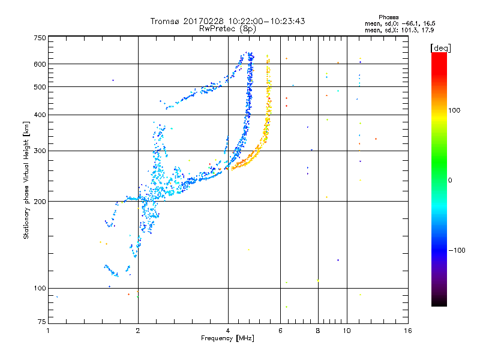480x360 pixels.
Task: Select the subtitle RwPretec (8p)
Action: pyautogui.click(x=227, y=28)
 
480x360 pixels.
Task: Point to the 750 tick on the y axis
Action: pyautogui.click(x=40, y=38)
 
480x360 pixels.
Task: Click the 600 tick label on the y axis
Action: pyautogui.click(x=40, y=64)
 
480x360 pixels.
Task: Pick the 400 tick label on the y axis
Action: pyautogui.click(x=40, y=115)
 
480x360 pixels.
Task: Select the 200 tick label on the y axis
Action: pyautogui.click(x=40, y=202)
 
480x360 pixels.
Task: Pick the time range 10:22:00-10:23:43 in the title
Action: pyautogui.click(x=266, y=21)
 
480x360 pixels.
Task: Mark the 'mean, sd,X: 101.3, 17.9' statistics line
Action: pyautogui.click(x=391, y=29)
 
